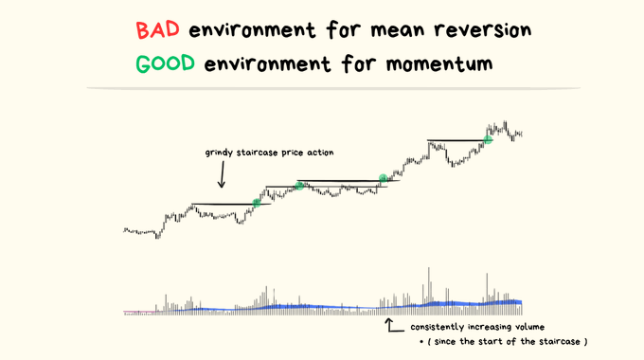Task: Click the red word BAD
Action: (158, 29)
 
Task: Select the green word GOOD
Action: (165, 63)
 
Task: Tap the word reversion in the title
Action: (483, 30)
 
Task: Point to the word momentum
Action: (439, 64)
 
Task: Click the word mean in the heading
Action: (398, 31)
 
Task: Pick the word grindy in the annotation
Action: (219, 153)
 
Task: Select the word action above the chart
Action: (323, 153)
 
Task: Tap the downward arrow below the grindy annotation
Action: (222, 174)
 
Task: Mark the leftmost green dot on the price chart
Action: (257, 203)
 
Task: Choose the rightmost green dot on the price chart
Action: (488, 139)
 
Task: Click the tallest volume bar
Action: (429, 291)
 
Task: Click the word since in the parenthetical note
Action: (446, 342)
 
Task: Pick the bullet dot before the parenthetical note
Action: (421, 342)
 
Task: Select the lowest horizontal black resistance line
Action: (232, 205)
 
